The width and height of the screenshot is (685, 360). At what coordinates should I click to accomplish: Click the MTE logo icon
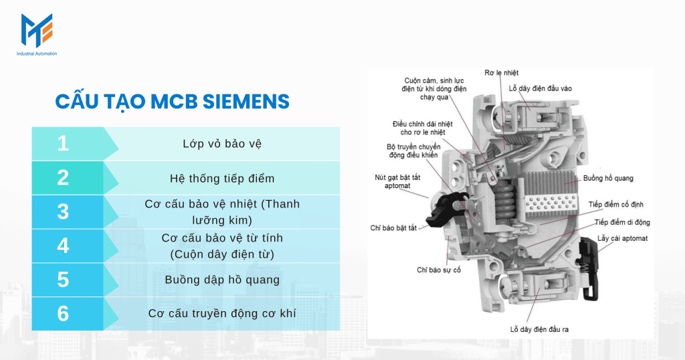(x=36, y=31)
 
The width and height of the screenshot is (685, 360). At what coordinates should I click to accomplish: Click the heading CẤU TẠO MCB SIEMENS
(x=172, y=101)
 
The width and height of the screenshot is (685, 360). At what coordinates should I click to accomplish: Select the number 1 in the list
(x=63, y=143)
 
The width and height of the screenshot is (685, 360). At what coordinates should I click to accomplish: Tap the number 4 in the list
(x=63, y=246)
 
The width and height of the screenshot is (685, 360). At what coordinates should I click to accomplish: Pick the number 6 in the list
(x=63, y=313)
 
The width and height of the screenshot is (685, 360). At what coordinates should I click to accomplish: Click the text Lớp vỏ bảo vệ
(x=222, y=144)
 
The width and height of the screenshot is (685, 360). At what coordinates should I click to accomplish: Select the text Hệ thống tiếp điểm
(x=222, y=178)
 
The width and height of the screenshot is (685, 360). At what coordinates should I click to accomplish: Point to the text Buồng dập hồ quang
(x=222, y=280)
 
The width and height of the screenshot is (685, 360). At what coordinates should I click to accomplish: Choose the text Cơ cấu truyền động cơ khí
(x=222, y=313)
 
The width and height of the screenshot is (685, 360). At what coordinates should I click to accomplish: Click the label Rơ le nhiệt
(x=501, y=72)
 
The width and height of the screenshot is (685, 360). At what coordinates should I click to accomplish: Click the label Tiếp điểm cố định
(x=615, y=205)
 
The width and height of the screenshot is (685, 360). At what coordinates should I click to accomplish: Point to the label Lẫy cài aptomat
(x=622, y=238)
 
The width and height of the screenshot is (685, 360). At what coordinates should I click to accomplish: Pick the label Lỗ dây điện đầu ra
(x=539, y=329)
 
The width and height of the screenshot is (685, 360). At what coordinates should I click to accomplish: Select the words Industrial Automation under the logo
(x=37, y=54)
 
